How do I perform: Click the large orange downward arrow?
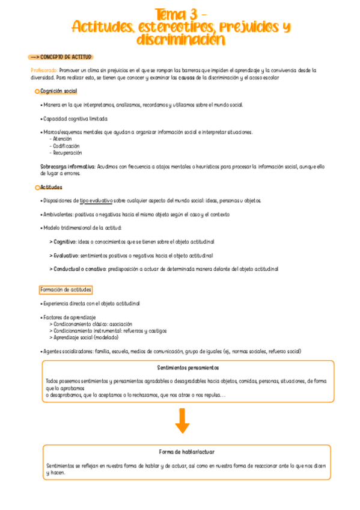182,420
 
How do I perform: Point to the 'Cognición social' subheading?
59,91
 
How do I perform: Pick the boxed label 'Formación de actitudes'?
65,289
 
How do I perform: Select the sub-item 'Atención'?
62,138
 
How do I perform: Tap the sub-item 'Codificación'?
66,146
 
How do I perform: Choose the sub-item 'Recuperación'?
67,153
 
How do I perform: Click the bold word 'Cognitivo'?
64,241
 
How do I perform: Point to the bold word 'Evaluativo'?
65,255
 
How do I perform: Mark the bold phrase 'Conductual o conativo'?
79,269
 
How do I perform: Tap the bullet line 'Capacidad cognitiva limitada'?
74,118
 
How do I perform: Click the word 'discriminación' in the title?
180,40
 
